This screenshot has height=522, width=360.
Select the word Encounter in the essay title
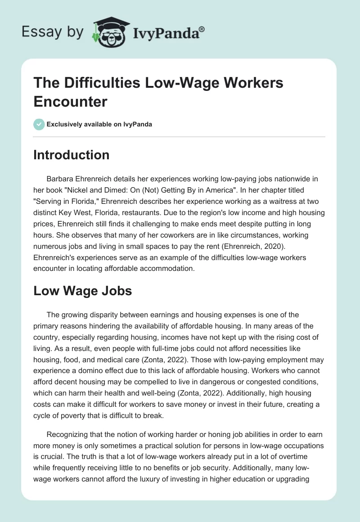[71, 101]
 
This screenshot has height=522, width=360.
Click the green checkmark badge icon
[39, 124]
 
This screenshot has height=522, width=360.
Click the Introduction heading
[72, 155]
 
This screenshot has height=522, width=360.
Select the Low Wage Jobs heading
[83, 291]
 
